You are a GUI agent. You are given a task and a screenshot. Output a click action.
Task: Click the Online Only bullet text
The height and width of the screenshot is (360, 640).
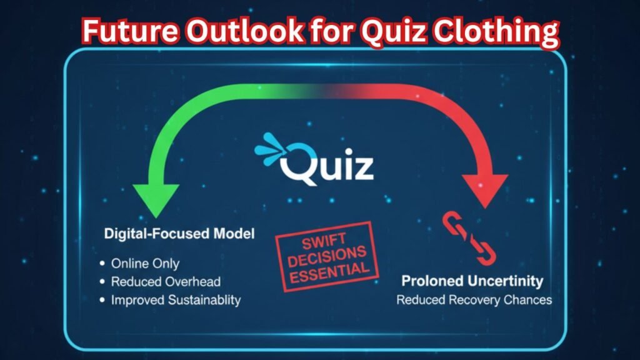(145, 263)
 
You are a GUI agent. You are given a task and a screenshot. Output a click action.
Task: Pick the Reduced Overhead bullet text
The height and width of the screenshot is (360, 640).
(166, 281)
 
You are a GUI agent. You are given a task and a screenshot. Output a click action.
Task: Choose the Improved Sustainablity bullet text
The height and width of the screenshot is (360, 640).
(176, 300)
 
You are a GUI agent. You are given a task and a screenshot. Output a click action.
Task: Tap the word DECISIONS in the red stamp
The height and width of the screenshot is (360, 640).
(326, 256)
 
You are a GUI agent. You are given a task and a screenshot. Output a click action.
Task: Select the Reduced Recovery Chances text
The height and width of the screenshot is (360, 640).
(474, 300)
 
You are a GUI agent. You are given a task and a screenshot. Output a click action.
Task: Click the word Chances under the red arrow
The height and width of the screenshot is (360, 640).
(528, 300)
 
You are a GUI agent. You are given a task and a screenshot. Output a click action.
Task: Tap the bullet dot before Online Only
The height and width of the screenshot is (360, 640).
(102, 264)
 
